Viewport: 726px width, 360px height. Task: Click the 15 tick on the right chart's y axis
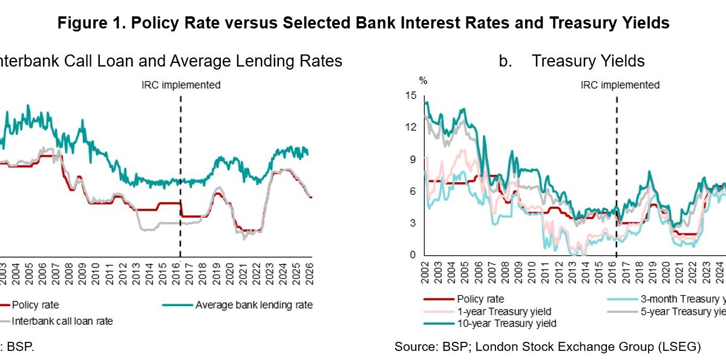pyautogui.click(x=412, y=95)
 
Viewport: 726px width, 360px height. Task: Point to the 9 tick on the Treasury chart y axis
pyautogui.click(x=414, y=159)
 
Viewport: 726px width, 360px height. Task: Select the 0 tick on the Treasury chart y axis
pyautogui.click(x=414, y=255)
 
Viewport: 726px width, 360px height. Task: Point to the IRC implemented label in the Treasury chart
pyautogui.click(x=620, y=85)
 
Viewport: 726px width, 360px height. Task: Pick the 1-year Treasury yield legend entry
pyautogui.click(x=504, y=311)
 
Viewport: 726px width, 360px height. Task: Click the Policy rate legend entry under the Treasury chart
pyautogui.click(x=480, y=299)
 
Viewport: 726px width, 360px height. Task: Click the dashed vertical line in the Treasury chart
pyautogui.click(x=616, y=182)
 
